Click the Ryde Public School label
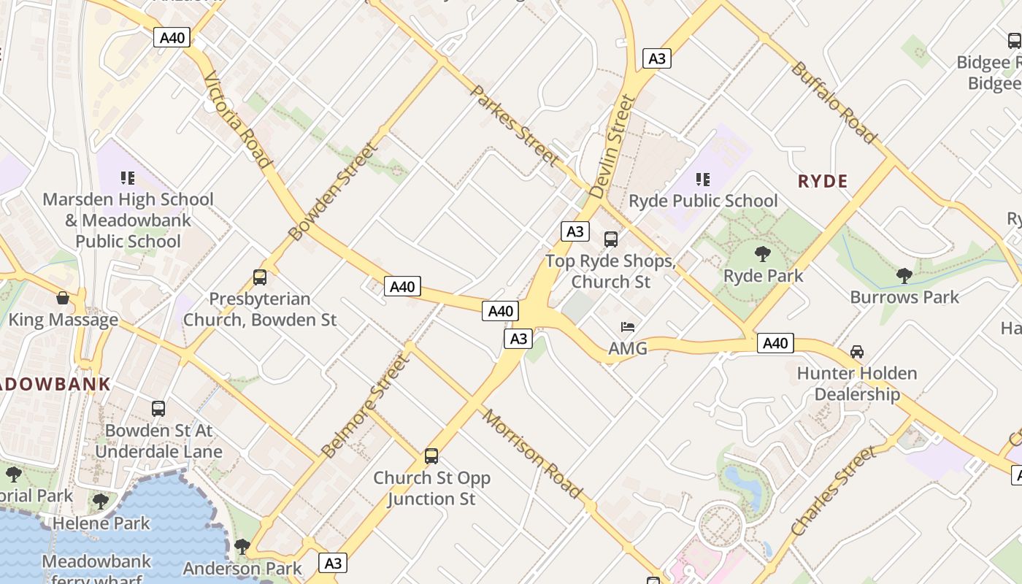coord(703,201)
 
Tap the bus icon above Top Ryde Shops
coord(611,239)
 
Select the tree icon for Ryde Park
coord(763,254)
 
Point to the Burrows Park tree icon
coord(904,275)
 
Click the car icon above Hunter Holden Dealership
coord(857,351)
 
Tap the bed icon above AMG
coord(628,326)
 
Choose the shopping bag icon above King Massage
coord(63,298)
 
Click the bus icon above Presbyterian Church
coord(259,277)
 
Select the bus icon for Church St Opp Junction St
coord(431,456)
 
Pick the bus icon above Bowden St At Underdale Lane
coord(158,408)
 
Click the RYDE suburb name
coord(823,182)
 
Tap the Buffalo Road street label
coord(833,102)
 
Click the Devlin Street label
coord(612,146)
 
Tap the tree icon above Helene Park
coord(101,502)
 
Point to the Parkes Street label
coord(515,125)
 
